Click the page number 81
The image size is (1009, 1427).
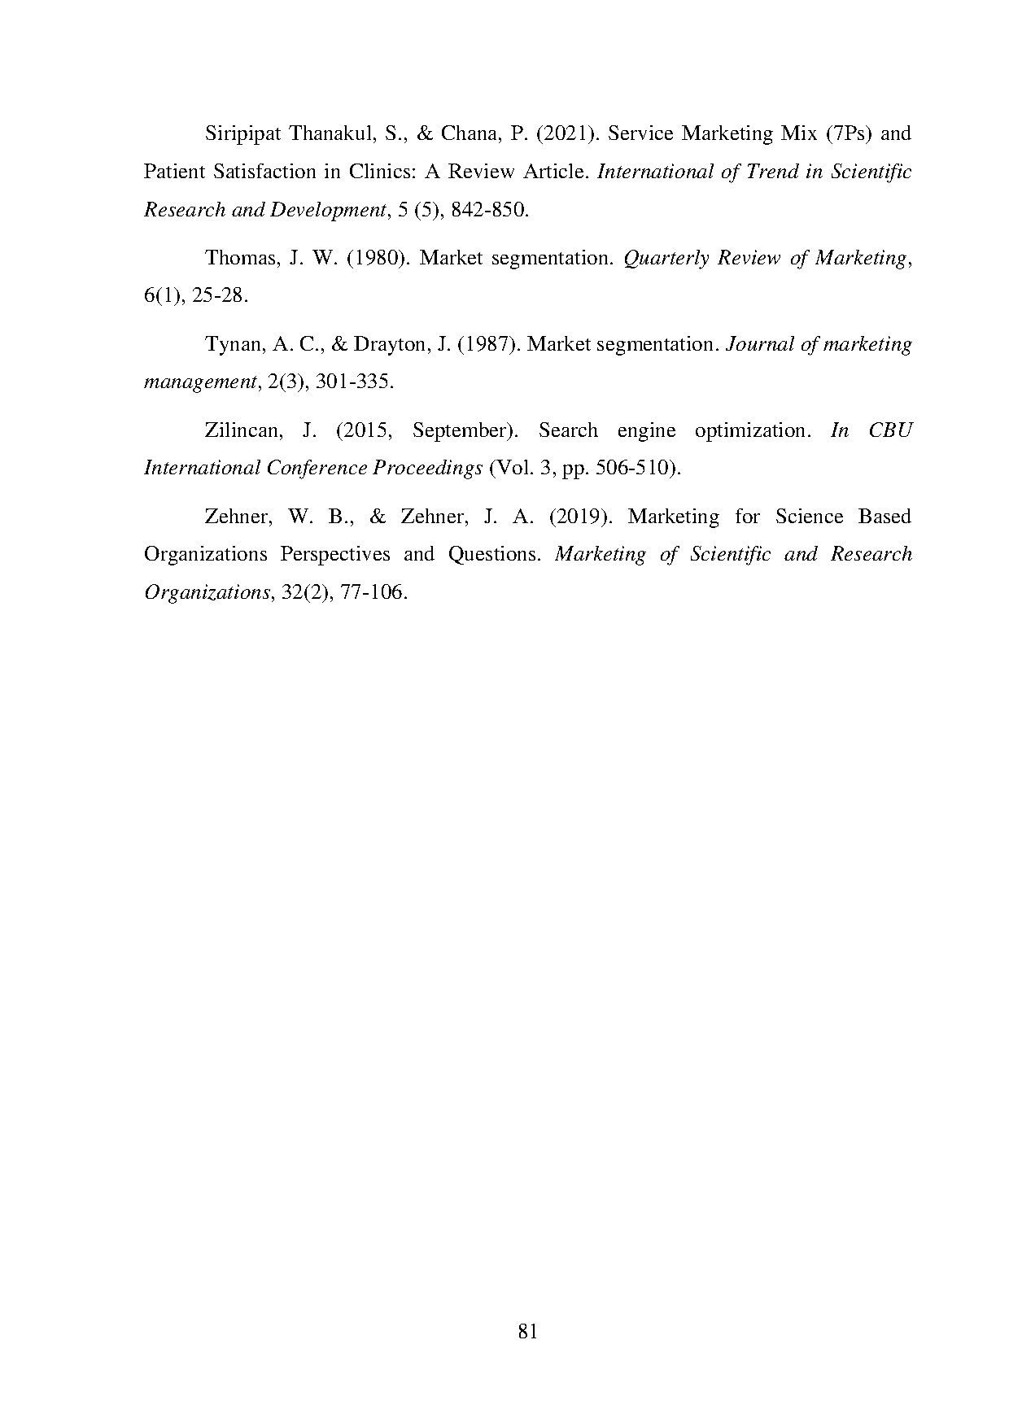coord(527,1332)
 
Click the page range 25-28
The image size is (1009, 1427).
coord(220,296)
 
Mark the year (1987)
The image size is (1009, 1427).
coord(485,345)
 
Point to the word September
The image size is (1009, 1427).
coord(460,431)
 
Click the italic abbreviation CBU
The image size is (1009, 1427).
coord(889,431)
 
